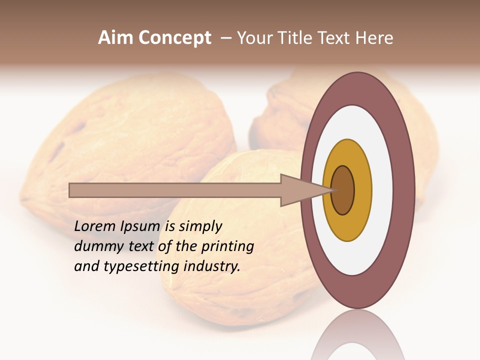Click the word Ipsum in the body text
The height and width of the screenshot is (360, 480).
[140, 226]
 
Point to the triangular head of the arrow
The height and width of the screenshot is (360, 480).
[305, 190]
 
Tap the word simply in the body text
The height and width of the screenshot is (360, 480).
[200, 226]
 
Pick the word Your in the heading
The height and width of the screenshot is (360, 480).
[252, 38]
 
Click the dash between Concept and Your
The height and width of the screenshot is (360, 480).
[225, 38]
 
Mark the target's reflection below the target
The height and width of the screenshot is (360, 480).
[357, 337]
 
